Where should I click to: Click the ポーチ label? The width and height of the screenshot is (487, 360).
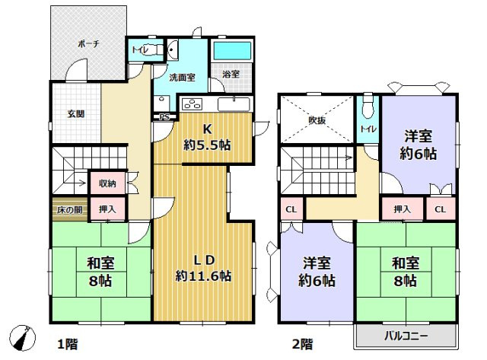point(88,45)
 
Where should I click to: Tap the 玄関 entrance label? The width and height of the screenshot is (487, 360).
point(75,114)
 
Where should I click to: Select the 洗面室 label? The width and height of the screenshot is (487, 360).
point(182,77)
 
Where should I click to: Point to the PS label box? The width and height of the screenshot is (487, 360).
point(164,117)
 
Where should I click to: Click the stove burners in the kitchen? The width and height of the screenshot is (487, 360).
point(190,104)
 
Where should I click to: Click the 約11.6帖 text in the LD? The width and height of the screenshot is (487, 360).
point(202,276)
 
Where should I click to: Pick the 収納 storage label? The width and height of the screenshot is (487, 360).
point(107,183)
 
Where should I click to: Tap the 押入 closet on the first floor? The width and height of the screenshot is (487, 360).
point(107,208)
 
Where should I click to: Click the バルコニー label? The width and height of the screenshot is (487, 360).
point(405,335)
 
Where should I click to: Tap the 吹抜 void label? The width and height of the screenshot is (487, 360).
point(317,119)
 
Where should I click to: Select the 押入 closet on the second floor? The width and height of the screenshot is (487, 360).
point(403,209)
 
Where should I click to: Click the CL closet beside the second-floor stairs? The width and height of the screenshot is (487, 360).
point(291,209)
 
